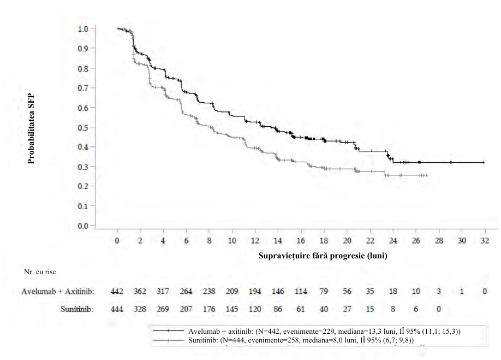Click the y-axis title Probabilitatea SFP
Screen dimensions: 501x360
click(31, 129)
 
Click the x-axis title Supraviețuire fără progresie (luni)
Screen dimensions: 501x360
click(323, 256)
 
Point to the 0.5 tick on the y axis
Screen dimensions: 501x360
click(93, 127)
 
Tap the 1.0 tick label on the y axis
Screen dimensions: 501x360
click(83, 29)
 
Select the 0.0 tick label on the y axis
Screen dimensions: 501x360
click(83, 226)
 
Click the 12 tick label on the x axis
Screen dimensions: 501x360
click(255, 240)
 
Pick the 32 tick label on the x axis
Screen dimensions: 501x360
click(485, 240)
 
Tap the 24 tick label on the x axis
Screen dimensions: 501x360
click(393, 240)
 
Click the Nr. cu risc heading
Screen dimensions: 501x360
click(40, 272)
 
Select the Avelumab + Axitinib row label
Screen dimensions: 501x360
click(58, 291)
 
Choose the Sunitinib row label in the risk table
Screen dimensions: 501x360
click(77, 309)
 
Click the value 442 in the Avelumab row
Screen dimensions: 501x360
click(117, 291)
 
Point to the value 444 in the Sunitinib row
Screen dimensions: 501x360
click(117, 309)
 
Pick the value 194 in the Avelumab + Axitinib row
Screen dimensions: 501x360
click(255, 291)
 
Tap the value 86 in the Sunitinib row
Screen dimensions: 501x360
click(278, 309)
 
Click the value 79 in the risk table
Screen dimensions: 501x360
click(324, 291)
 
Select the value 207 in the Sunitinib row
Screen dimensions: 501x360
click(186, 309)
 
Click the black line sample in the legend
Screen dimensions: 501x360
click(169, 331)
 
